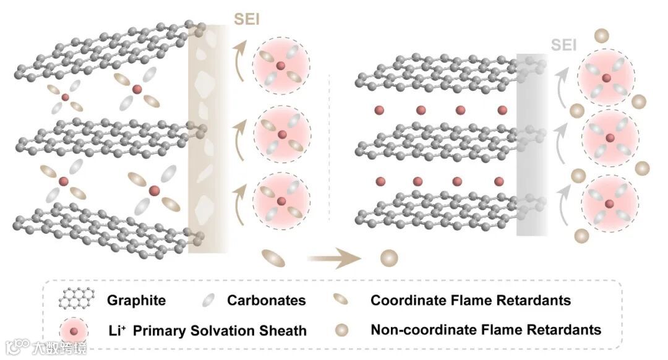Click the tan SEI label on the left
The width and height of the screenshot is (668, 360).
[247, 19]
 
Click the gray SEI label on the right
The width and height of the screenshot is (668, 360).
[563, 45]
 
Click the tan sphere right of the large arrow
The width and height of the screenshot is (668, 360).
[388, 258]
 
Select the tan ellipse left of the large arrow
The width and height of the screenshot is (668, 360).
[273, 258]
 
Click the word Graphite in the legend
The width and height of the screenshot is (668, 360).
[136, 301]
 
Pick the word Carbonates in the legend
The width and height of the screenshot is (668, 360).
[266, 301]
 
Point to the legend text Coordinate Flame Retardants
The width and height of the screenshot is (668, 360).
[470, 301]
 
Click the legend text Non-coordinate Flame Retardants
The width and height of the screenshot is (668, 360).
[486, 329]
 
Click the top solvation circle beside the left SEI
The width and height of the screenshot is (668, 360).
[282, 66]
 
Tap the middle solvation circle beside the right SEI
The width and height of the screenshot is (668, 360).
[609, 137]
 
